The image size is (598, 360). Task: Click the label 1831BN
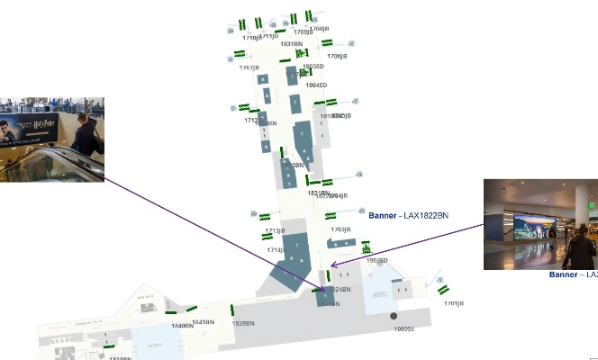click(x=291, y=43)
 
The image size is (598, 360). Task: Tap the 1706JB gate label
click(x=337, y=56)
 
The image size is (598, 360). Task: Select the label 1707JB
click(x=248, y=67)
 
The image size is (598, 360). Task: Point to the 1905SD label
click(x=313, y=66)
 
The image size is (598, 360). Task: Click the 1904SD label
click(x=316, y=85)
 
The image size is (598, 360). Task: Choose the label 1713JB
click(x=275, y=230)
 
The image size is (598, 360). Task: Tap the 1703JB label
click(x=340, y=229)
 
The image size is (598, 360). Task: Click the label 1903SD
click(x=376, y=261)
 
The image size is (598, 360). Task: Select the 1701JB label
click(x=454, y=303)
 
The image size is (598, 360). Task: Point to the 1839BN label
click(x=243, y=323)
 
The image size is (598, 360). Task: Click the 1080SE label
click(x=404, y=328)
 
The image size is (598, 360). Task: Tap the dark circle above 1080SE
click(x=394, y=316)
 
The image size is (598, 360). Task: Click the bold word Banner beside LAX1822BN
click(x=383, y=215)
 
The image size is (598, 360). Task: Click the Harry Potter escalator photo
click(x=52, y=139)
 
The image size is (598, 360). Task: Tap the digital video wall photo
click(x=540, y=224)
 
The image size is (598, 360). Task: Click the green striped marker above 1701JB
click(x=443, y=289)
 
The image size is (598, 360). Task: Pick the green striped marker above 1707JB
click(x=240, y=55)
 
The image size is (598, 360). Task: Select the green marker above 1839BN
click(x=233, y=310)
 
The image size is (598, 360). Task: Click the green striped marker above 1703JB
click(x=331, y=216)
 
